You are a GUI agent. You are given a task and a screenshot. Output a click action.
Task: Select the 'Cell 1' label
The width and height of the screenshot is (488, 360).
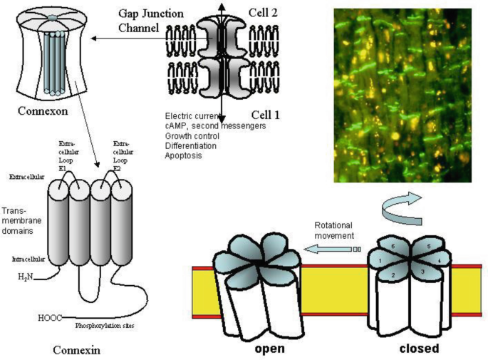[x=266, y=114]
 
